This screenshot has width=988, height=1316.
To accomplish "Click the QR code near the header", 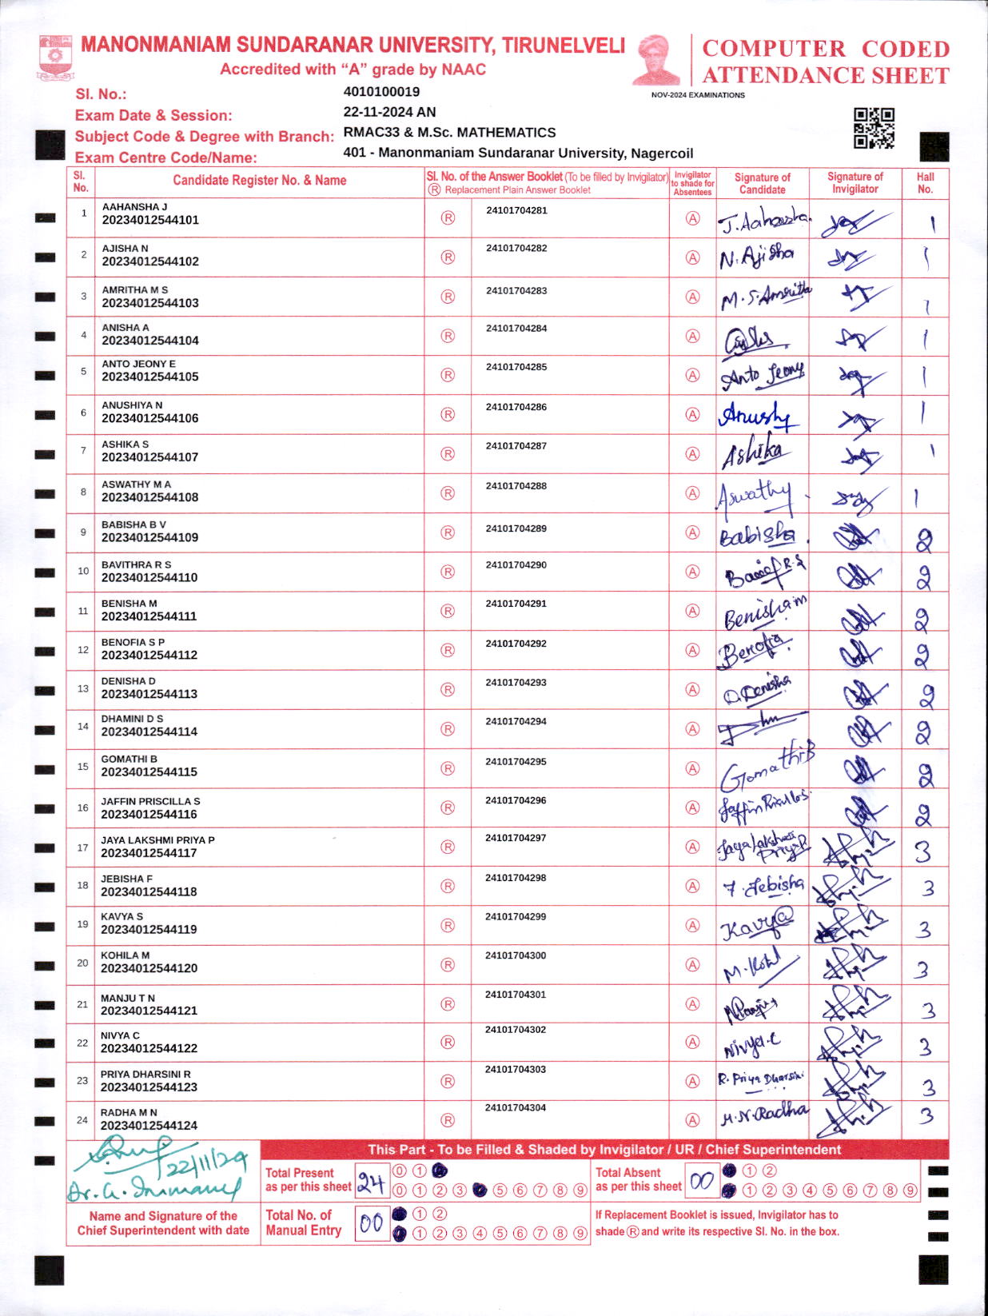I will click(x=874, y=128).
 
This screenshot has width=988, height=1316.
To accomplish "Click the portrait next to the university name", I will click(x=657, y=59).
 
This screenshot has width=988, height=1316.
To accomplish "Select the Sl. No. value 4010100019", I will click(x=381, y=92).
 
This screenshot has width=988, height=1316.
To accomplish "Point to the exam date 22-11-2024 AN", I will click(x=389, y=112).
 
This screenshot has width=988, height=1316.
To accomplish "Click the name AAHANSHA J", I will click(x=134, y=207).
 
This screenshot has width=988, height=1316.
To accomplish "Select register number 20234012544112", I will click(x=149, y=655).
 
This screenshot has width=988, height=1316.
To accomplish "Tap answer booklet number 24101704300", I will click(x=516, y=956).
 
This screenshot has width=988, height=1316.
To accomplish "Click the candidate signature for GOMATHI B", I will click(x=764, y=768).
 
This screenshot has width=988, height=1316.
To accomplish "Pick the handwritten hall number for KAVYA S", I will click(x=924, y=929).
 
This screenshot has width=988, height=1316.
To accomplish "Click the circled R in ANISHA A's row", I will click(x=448, y=336).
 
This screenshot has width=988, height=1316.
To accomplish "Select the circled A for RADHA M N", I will click(x=693, y=1120).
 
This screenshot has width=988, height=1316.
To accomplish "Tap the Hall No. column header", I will click(x=925, y=183).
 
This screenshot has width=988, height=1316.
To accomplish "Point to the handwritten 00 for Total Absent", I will click(x=701, y=1181).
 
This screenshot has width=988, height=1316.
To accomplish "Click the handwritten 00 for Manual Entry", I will click(x=371, y=1223).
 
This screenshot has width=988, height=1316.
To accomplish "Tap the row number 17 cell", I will click(x=82, y=847).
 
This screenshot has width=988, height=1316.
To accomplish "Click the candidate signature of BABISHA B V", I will click(x=758, y=535).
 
